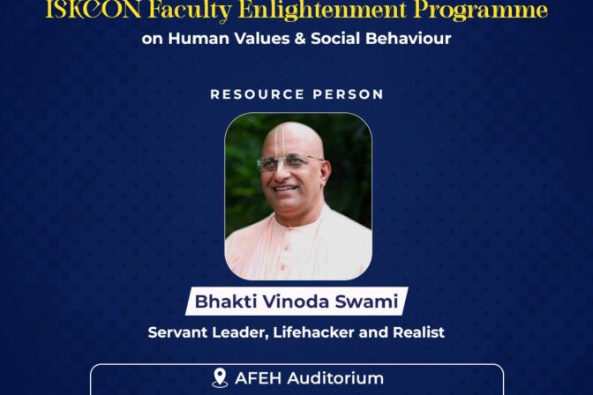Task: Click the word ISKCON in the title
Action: click(x=94, y=11)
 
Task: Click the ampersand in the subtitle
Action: click(x=300, y=39)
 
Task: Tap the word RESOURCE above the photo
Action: click(x=257, y=94)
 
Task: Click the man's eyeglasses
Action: click(x=289, y=162)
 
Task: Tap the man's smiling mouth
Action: click(x=286, y=188)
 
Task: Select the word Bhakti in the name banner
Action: click(x=226, y=302)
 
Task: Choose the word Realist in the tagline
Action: click(x=418, y=332)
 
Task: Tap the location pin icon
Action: click(x=220, y=377)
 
